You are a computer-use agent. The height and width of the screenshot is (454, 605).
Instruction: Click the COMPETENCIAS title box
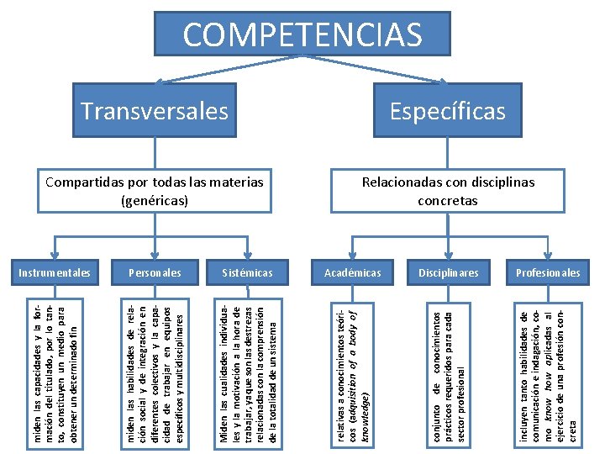click(302, 35)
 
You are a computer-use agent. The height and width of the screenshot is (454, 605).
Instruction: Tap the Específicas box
click(447, 110)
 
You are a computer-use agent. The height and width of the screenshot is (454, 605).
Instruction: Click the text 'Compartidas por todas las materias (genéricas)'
click(154, 191)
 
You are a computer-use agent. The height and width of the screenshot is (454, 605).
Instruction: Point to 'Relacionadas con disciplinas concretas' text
click(447, 191)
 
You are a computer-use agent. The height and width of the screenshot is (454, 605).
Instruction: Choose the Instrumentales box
click(55, 272)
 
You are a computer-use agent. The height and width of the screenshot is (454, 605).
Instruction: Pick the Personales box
click(154, 272)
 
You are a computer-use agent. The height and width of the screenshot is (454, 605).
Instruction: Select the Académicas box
click(353, 272)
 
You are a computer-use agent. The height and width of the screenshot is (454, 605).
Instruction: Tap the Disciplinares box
click(449, 272)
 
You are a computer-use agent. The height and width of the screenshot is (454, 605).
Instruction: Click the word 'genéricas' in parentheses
click(155, 200)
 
